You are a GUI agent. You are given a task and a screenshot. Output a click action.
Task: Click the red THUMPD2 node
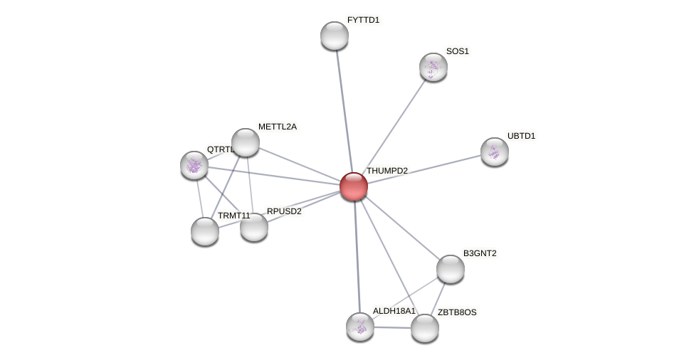click(354, 186)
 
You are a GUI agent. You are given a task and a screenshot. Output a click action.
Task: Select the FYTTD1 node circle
click(335, 36)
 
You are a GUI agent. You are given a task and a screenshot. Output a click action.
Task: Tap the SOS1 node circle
click(433, 67)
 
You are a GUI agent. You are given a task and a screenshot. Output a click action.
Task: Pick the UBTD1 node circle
click(495, 152)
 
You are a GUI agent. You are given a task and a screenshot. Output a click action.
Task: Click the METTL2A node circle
click(246, 142)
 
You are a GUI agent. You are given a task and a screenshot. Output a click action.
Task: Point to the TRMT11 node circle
click(205, 231)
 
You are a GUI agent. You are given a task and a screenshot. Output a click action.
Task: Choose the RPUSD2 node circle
click(254, 227)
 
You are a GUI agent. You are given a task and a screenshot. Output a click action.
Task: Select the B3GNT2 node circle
click(451, 269)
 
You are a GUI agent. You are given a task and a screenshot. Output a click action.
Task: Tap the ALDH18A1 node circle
click(360, 327)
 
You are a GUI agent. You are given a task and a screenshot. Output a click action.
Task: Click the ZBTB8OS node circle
click(425, 328)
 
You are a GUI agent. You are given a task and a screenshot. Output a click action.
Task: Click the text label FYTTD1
click(363, 20)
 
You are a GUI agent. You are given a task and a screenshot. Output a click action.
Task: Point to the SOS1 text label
click(457, 51)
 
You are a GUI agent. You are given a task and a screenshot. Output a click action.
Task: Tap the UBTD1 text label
click(521, 136)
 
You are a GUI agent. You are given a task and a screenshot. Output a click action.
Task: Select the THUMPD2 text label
click(387, 171)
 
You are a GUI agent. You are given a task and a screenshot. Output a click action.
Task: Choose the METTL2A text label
click(277, 127)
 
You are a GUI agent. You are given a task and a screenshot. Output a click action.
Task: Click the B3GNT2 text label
click(480, 253)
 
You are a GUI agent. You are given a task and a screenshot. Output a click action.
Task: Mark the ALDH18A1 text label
click(394, 311)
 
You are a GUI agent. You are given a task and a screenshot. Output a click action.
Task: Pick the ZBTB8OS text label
click(457, 312)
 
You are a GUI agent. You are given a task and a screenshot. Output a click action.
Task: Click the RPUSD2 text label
click(284, 211)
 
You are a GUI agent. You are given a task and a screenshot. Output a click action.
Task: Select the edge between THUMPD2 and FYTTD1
click(344, 107)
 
